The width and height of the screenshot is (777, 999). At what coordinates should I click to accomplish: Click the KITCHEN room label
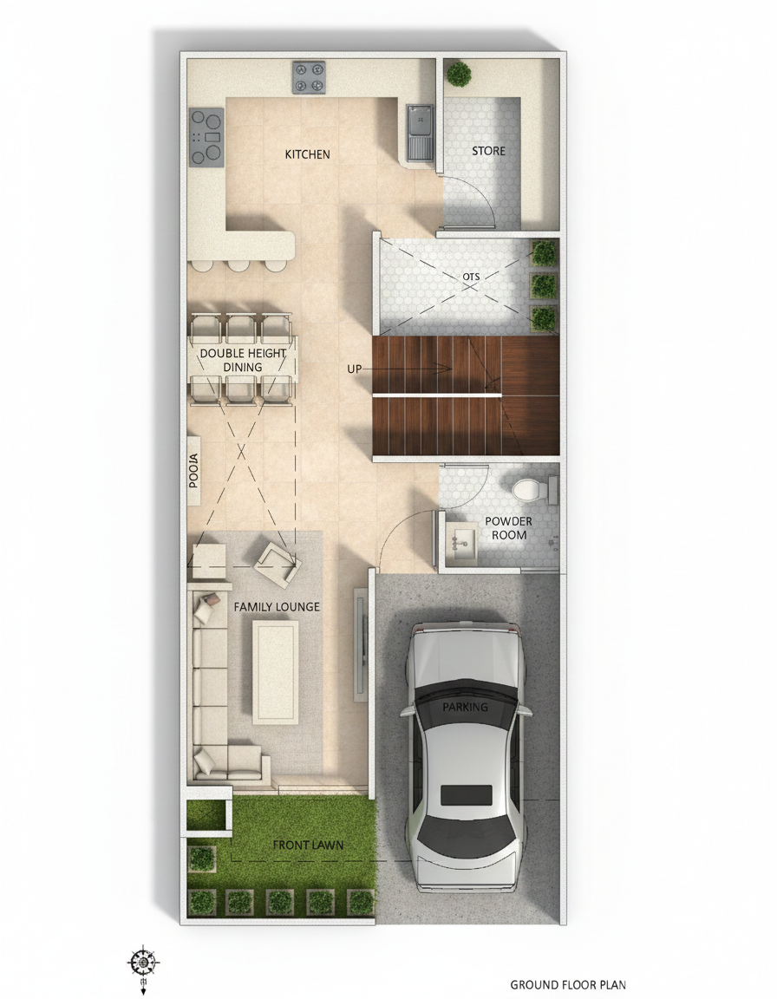[308, 154]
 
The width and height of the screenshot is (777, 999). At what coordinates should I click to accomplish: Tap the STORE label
[488, 151]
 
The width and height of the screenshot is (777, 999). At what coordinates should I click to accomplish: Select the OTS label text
[471, 277]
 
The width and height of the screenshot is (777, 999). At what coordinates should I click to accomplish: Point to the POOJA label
[194, 471]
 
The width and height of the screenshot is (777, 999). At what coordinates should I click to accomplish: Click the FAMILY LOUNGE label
[277, 607]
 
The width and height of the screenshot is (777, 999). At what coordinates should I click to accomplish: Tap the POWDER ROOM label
[508, 528]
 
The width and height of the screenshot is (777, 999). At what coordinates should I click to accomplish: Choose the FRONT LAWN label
[308, 845]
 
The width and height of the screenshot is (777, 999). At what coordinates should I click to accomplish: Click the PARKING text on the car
[466, 707]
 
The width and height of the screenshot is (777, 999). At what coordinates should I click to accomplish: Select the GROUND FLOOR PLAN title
[568, 984]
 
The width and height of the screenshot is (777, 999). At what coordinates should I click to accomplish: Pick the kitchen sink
[421, 131]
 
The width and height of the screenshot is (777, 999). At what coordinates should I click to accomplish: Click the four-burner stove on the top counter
[309, 76]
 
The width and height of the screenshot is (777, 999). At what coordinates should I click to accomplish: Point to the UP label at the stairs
[354, 369]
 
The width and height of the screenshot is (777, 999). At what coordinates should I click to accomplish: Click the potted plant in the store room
[459, 73]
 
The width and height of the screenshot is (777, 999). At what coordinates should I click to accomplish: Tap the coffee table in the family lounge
[276, 672]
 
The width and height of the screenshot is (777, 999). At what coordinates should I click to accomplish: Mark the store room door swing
[475, 195]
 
